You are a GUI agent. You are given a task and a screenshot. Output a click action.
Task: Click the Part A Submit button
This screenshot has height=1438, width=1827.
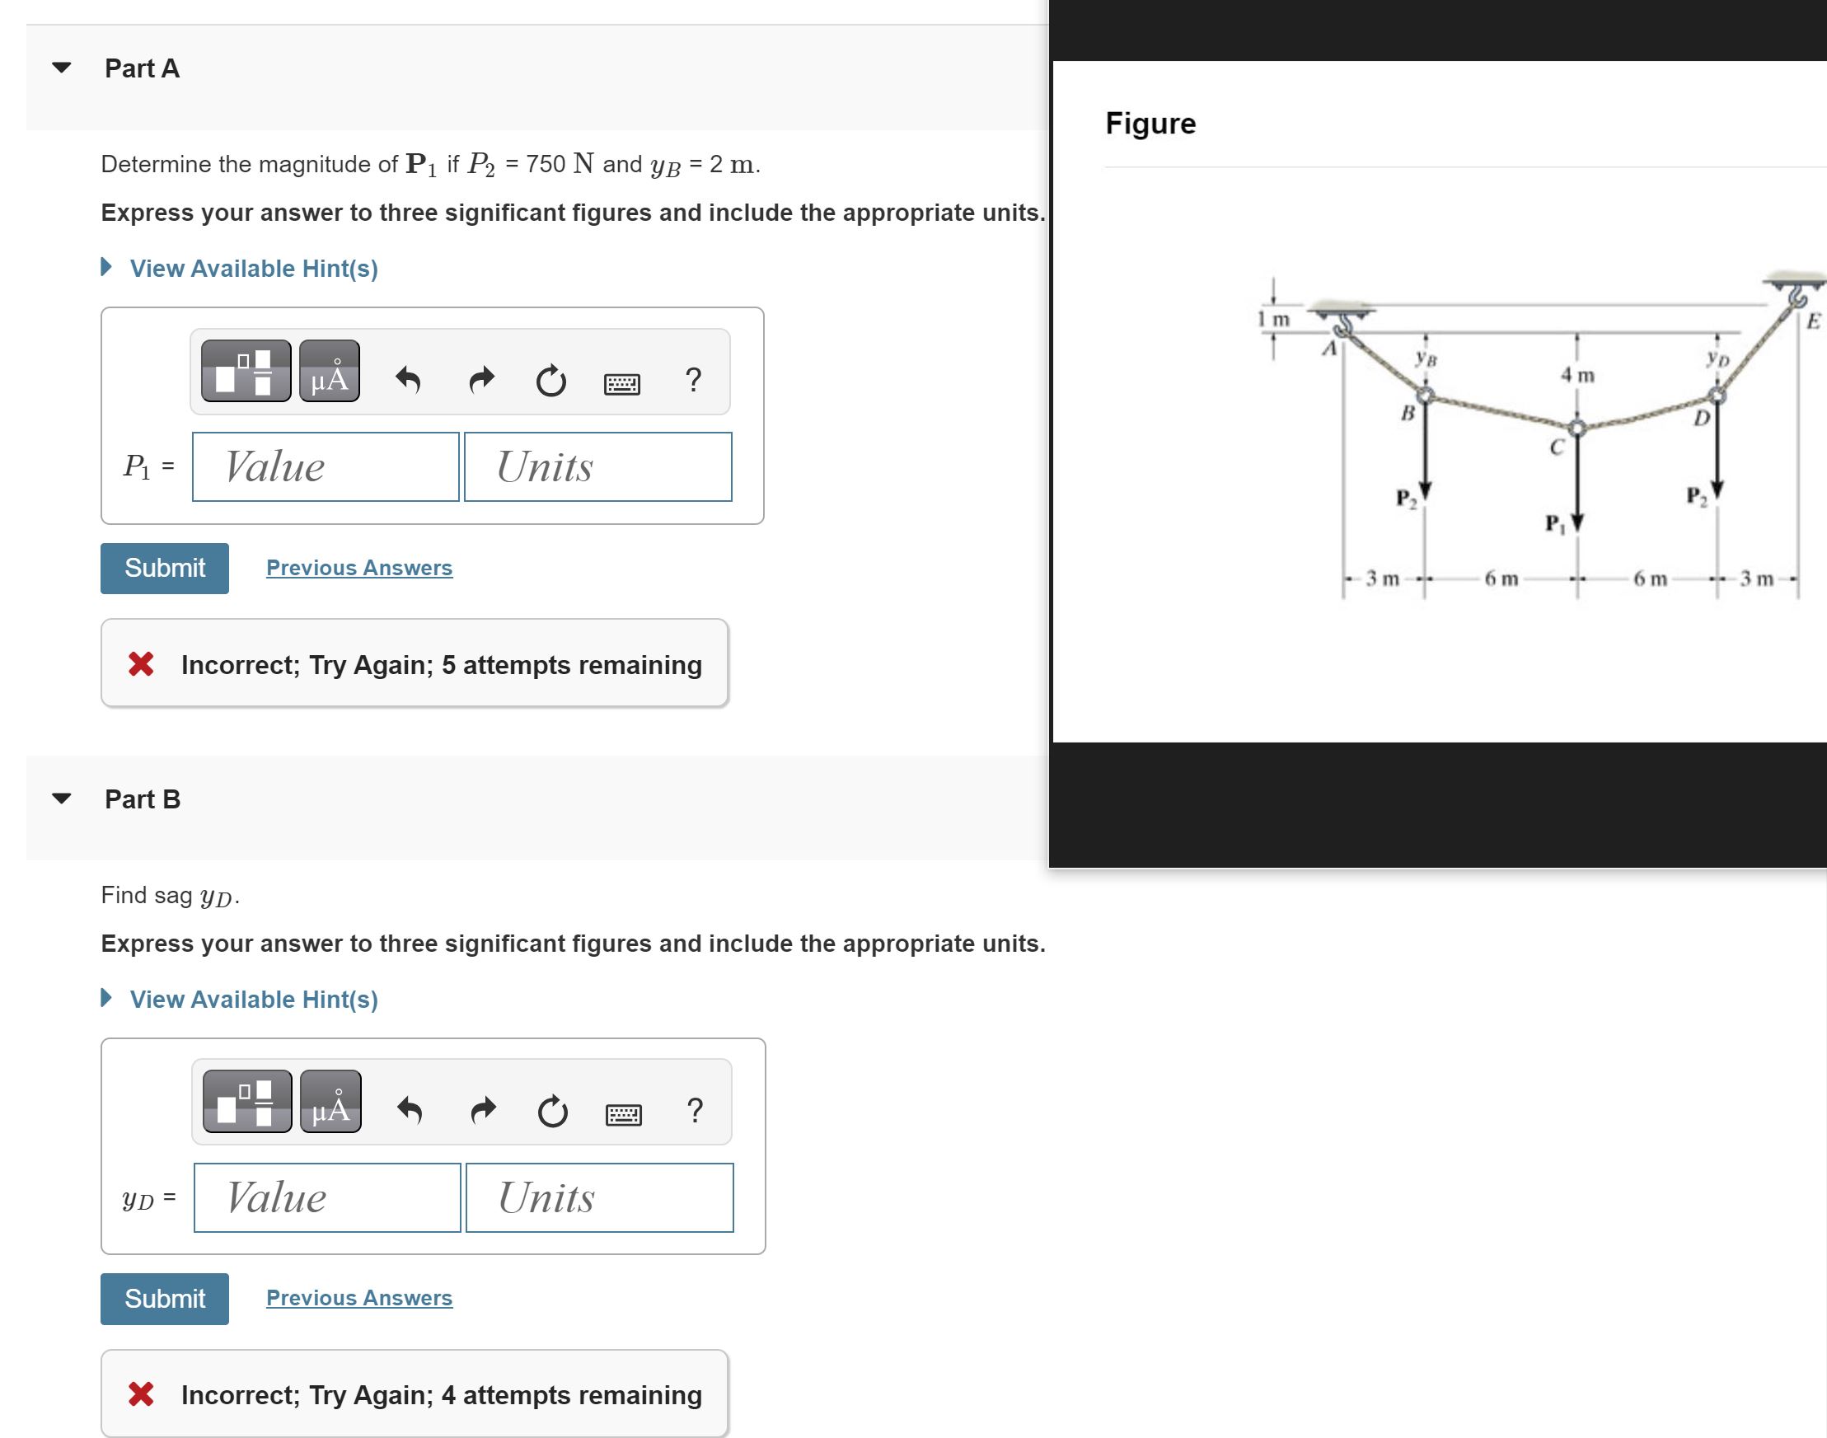pyautogui.click(x=164, y=569)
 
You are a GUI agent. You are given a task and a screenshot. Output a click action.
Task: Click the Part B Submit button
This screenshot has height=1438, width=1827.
pyautogui.click(x=164, y=1298)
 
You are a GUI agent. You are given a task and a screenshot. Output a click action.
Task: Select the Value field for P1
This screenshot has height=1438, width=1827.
pyautogui.click(x=325, y=467)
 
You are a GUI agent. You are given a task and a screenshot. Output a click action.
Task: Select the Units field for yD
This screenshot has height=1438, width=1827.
pyautogui.click(x=598, y=1197)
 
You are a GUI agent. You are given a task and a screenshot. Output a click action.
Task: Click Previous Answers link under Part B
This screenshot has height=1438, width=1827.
pyautogui.click(x=358, y=1298)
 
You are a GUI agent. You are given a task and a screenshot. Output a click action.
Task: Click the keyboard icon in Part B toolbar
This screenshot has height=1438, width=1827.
pyautogui.click(x=623, y=1115)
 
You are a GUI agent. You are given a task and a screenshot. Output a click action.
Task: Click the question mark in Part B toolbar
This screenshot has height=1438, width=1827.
pyautogui.click(x=695, y=1111)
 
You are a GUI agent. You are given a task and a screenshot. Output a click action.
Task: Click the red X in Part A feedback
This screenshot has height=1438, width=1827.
pyautogui.click(x=142, y=664)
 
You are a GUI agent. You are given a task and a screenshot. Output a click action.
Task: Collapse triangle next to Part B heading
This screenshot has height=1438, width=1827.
pyautogui.click(x=62, y=799)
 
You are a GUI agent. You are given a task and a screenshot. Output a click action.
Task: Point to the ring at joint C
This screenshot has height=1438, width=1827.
pyautogui.click(x=1577, y=428)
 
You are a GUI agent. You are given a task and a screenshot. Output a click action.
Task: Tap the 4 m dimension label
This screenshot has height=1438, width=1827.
pyautogui.click(x=1577, y=376)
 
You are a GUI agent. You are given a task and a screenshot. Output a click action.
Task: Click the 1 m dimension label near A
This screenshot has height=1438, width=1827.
pyautogui.click(x=1273, y=320)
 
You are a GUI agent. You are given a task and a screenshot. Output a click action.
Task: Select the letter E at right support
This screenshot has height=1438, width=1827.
pyautogui.click(x=1813, y=321)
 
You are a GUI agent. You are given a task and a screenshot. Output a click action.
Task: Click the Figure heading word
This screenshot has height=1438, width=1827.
pyautogui.click(x=1150, y=124)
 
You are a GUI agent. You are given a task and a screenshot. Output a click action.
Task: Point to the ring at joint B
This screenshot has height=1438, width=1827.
pyautogui.click(x=1425, y=395)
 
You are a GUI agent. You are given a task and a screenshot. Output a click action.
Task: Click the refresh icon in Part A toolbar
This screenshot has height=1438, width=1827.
pyautogui.click(x=550, y=381)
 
